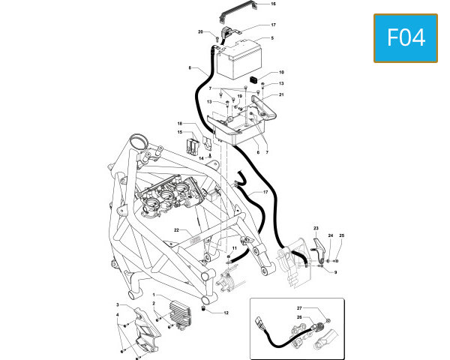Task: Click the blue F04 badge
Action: pyautogui.click(x=406, y=38)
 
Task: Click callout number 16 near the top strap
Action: pyautogui.click(x=273, y=4)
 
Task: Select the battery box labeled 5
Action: pyautogui.click(x=238, y=60)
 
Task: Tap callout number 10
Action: pyautogui.click(x=281, y=72)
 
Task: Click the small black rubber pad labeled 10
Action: pyautogui.click(x=253, y=79)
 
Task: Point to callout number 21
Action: pyautogui.click(x=281, y=94)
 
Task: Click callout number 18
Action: pyautogui.click(x=180, y=124)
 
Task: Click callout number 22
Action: pyautogui.click(x=176, y=230)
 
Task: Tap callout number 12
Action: pyautogui.click(x=226, y=313)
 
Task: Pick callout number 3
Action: pyautogui.click(x=118, y=304)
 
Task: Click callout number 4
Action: pyautogui.click(x=118, y=315)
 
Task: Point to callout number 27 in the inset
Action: pyautogui.click(x=299, y=308)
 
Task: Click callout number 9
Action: pyautogui.click(x=335, y=272)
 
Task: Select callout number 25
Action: pyautogui.click(x=341, y=235)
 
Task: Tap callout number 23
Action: pyautogui.click(x=316, y=228)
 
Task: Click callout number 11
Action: pyautogui.click(x=235, y=248)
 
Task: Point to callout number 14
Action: pyautogui.click(x=202, y=158)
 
